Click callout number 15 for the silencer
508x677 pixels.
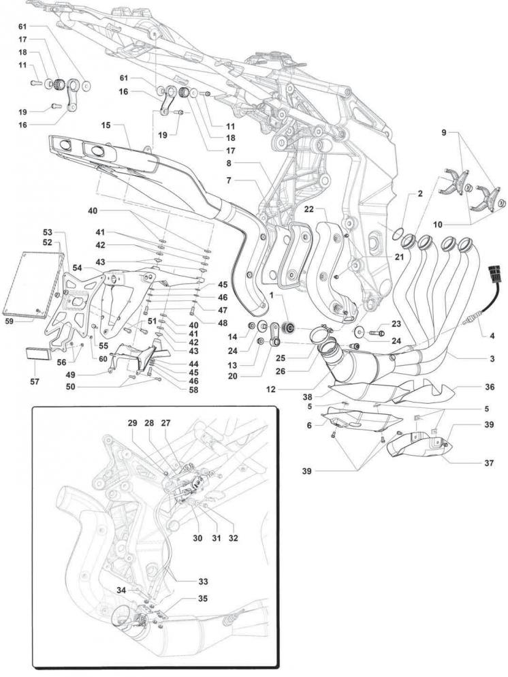[106, 125]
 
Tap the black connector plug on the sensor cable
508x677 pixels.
[494, 274]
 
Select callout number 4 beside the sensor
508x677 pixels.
[492, 336]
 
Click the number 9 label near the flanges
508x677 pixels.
[444, 133]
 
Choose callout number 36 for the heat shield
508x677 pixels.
[490, 388]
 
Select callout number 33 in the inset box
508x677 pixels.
[203, 581]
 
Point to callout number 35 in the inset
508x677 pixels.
[203, 599]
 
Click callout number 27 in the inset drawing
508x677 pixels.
[165, 423]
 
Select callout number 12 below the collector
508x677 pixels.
[270, 390]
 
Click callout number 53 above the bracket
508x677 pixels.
[47, 233]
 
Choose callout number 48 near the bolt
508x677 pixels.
[223, 310]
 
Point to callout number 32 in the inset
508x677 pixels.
[234, 538]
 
